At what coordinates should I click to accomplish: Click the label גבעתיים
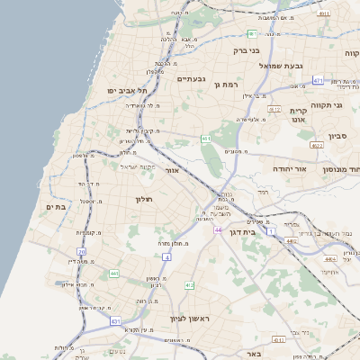pyautogui.click(x=192, y=79)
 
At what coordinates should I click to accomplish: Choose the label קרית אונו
pyautogui.click(x=299, y=112)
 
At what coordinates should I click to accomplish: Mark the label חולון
pyautogui.click(x=145, y=199)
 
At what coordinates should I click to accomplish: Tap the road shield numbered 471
pyautogui.click(x=318, y=81)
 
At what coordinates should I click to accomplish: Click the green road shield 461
pyautogui.click(x=206, y=139)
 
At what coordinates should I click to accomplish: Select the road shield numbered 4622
pyautogui.click(x=316, y=144)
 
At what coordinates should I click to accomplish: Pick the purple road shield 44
pyautogui.click(x=218, y=230)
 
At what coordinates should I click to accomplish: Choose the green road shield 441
pyautogui.click(x=114, y=273)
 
